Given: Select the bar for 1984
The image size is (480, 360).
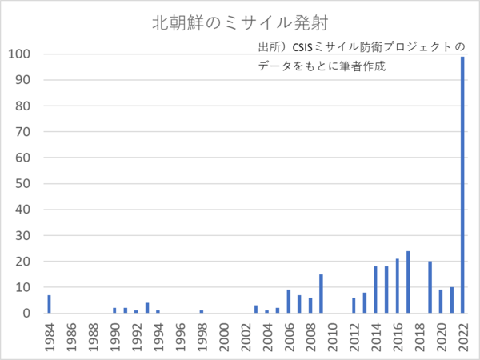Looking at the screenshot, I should point(49,304).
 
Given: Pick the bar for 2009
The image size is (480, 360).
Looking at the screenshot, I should point(321,294).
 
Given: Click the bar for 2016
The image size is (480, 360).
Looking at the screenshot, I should point(397,286).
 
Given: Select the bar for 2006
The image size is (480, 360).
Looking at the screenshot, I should point(288,302).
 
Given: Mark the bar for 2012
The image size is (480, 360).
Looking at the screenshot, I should point(354,306).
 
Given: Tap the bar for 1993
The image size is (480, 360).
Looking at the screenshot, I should point(147,308).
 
